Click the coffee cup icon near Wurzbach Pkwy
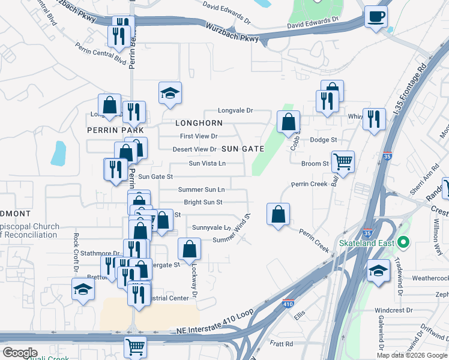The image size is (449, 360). [376, 17]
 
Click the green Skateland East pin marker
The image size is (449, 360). [403, 243]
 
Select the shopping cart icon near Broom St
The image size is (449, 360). [343, 161]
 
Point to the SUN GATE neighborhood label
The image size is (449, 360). [243, 148]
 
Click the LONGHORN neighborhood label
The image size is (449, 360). [198, 123]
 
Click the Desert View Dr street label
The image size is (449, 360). [194, 149]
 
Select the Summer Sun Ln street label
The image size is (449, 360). [202, 190]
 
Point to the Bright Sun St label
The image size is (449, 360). [203, 203]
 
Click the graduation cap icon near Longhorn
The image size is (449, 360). [170, 93]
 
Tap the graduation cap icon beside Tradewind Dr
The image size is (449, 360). [378, 271]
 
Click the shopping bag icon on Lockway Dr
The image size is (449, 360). [189, 250]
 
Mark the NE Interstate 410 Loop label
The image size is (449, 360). [211, 331]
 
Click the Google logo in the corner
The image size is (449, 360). [20, 352]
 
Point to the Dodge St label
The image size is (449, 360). [324, 140]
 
